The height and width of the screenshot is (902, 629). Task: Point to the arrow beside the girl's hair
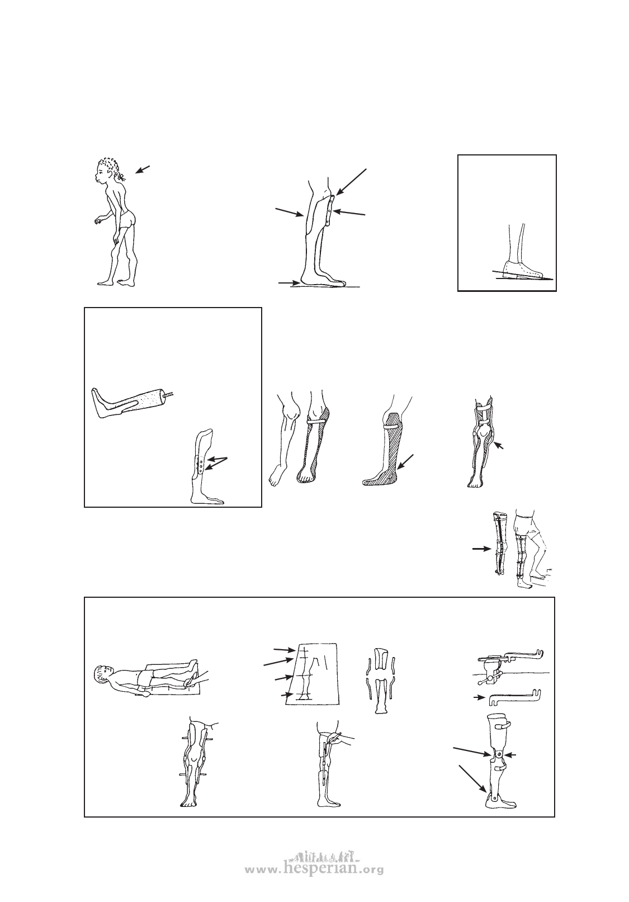pyautogui.click(x=143, y=169)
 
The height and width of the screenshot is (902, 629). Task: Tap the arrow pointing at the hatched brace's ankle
pyautogui.click(x=405, y=462)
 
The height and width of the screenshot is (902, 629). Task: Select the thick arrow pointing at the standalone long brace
pyautogui.click(x=481, y=549)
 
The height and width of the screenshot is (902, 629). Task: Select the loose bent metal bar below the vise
pyautogui.click(x=514, y=697)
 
